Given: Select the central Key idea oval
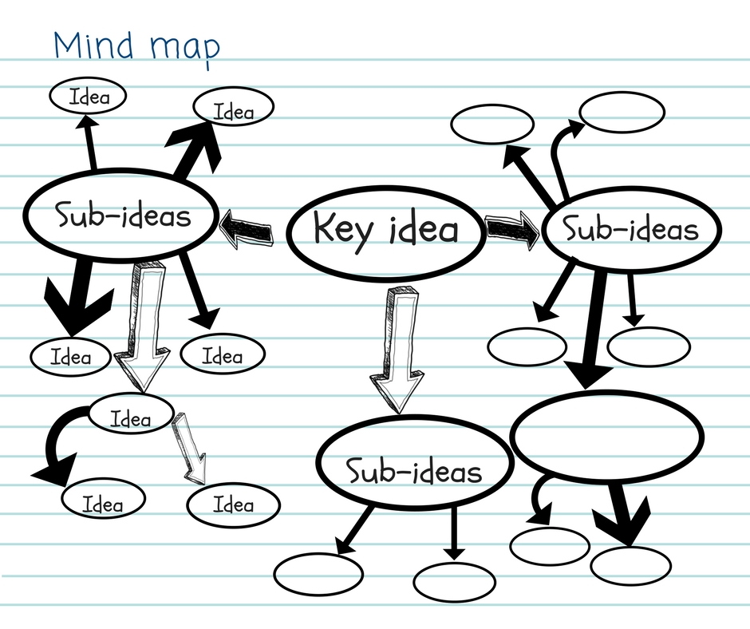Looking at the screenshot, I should coord(385,229).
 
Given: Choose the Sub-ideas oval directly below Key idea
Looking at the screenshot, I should coord(413,471).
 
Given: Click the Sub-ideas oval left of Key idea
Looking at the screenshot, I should coord(120,216).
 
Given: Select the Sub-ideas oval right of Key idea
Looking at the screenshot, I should coord(630,231).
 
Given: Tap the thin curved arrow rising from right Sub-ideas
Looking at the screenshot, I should coord(562,156).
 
